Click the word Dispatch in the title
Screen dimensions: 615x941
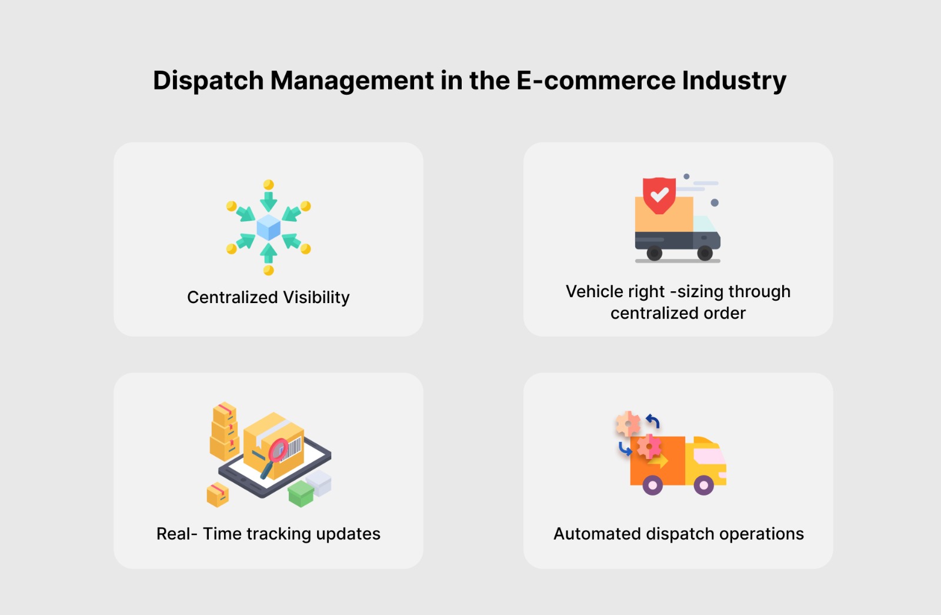[x=208, y=81]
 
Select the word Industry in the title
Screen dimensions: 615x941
[x=734, y=81]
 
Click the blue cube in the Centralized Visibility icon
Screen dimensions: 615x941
[x=269, y=227]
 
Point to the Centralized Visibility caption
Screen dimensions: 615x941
[x=268, y=297]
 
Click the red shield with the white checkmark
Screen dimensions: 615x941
[x=659, y=195]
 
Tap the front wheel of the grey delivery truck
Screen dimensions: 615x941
[x=705, y=254]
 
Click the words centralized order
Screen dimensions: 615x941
[x=678, y=313]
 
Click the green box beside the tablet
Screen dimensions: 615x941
[x=301, y=493]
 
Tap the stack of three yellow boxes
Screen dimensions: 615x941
[x=224, y=431]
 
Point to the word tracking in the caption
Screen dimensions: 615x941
[x=278, y=534]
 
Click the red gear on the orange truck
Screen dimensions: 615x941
[x=649, y=447]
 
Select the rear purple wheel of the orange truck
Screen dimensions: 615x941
[x=652, y=486]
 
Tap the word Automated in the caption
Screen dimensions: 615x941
[x=597, y=534]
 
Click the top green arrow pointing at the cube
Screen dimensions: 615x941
[x=269, y=201]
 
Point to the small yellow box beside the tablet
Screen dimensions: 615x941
[x=218, y=495]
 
